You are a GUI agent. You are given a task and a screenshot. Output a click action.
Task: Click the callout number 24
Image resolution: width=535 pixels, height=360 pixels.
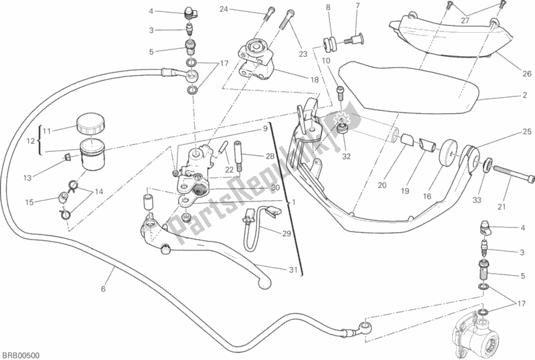224,9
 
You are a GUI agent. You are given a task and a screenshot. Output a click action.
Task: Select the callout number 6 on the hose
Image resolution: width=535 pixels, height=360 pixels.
102,289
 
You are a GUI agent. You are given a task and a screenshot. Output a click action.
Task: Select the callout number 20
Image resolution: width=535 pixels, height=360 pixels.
383,185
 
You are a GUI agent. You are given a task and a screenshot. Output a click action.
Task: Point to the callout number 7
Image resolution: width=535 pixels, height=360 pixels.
358,6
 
